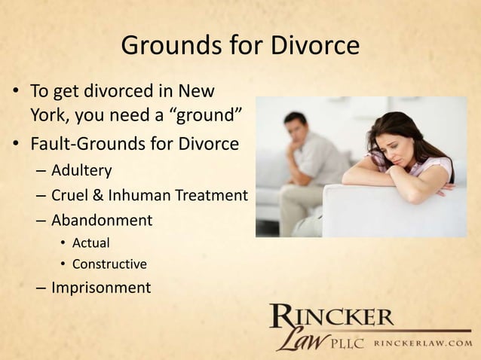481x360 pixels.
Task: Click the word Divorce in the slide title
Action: [316, 47]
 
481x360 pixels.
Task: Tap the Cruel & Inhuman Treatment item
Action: [149, 196]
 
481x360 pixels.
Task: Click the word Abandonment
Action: [101, 221]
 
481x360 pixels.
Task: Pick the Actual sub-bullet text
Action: [90, 243]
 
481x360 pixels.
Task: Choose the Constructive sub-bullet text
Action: [109, 264]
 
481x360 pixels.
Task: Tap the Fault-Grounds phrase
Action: [84, 143]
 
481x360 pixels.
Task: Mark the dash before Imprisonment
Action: [40, 288]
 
